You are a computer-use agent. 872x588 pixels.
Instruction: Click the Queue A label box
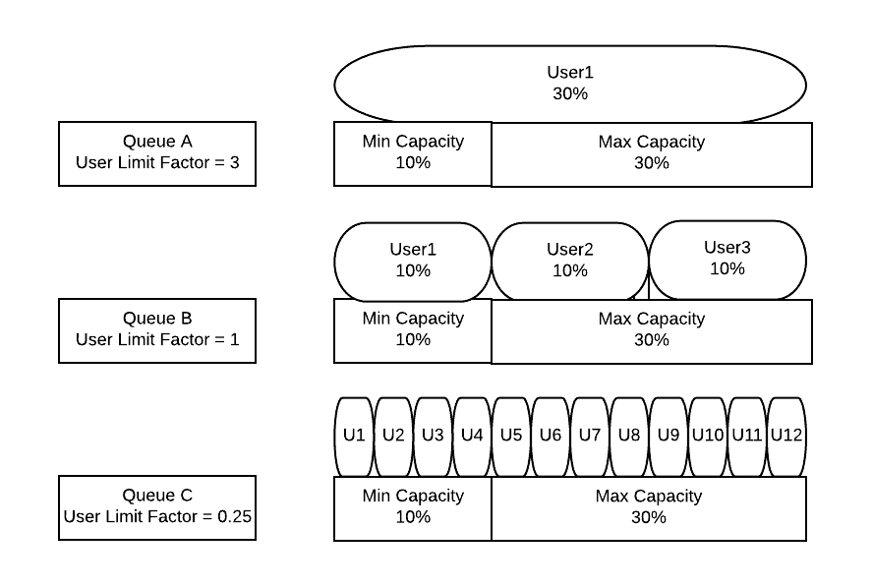point(157,153)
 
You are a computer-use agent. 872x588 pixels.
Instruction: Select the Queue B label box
point(157,331)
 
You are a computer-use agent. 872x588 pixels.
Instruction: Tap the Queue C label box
point(157,508)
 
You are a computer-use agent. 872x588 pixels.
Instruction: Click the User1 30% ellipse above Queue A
point(570,84)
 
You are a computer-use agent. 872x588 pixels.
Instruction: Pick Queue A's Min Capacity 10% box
point(413,153)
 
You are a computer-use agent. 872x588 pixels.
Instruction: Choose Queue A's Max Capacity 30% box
point(652,154)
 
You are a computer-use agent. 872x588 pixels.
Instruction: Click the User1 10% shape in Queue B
point(413,262)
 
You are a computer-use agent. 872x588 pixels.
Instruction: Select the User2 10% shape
point(570,262)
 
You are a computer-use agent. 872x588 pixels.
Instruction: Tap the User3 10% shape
point(727,260)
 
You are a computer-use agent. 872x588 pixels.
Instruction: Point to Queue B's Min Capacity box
point(413,331)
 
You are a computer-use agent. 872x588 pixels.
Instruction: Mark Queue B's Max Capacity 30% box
point(652,331)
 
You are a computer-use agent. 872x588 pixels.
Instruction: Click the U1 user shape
point(354,437)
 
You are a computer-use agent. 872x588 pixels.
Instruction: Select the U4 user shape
point(472,437)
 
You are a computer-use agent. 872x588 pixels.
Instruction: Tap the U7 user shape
point(590,437)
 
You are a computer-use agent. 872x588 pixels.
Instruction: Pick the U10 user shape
point(708,437)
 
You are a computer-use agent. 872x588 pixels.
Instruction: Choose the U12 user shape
point(786,437)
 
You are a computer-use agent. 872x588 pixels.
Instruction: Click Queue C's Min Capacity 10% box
point(413,508)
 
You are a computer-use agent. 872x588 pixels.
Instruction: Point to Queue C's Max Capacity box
point(649,508)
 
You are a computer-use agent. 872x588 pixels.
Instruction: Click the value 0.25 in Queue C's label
point(235,517)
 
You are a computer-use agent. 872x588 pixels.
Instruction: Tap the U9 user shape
point(669,437)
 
